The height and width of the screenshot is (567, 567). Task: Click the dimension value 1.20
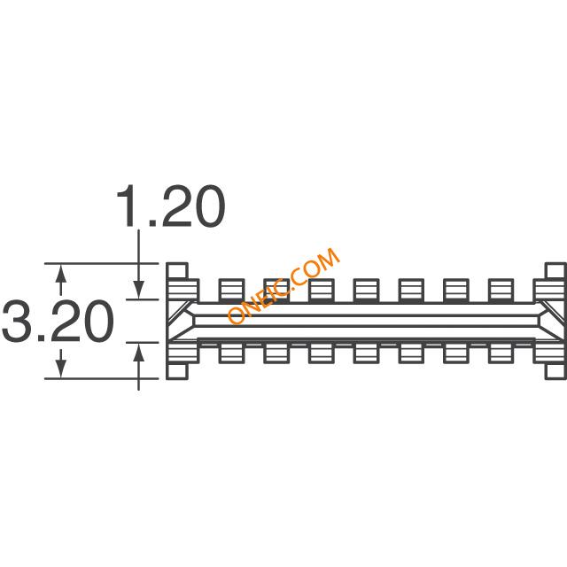click(171, 206)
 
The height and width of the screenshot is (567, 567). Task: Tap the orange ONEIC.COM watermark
click(283, 285)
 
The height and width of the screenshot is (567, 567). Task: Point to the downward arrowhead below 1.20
click(139, 290)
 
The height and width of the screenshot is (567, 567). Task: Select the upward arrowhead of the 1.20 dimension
click(139, 352)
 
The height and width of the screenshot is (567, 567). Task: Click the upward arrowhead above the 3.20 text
click(61, 274)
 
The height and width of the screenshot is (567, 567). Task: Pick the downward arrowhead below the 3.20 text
click(61, 369)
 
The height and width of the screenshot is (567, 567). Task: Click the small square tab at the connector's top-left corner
click(177, 271)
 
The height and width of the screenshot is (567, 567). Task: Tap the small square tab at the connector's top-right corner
click(555, 271)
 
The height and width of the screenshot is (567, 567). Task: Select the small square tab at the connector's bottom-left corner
click(177, 371)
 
